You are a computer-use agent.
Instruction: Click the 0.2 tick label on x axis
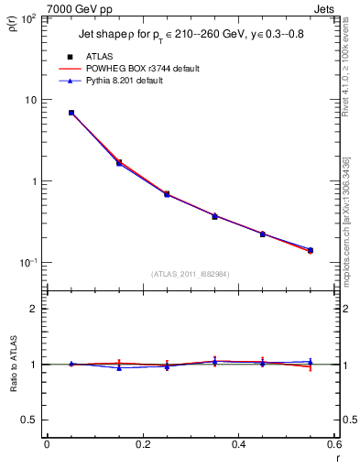click(142, 445)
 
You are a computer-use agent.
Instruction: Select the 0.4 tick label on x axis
click(238, 445)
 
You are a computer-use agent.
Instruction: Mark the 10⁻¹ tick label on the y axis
click(27, 263)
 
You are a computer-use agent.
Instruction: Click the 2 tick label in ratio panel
click(33, 309)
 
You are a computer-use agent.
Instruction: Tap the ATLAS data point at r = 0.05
click(71, 113)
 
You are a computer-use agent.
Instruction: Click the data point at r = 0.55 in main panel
click(311, 250)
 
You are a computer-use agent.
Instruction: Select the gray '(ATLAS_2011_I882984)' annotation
click(190, 273)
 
